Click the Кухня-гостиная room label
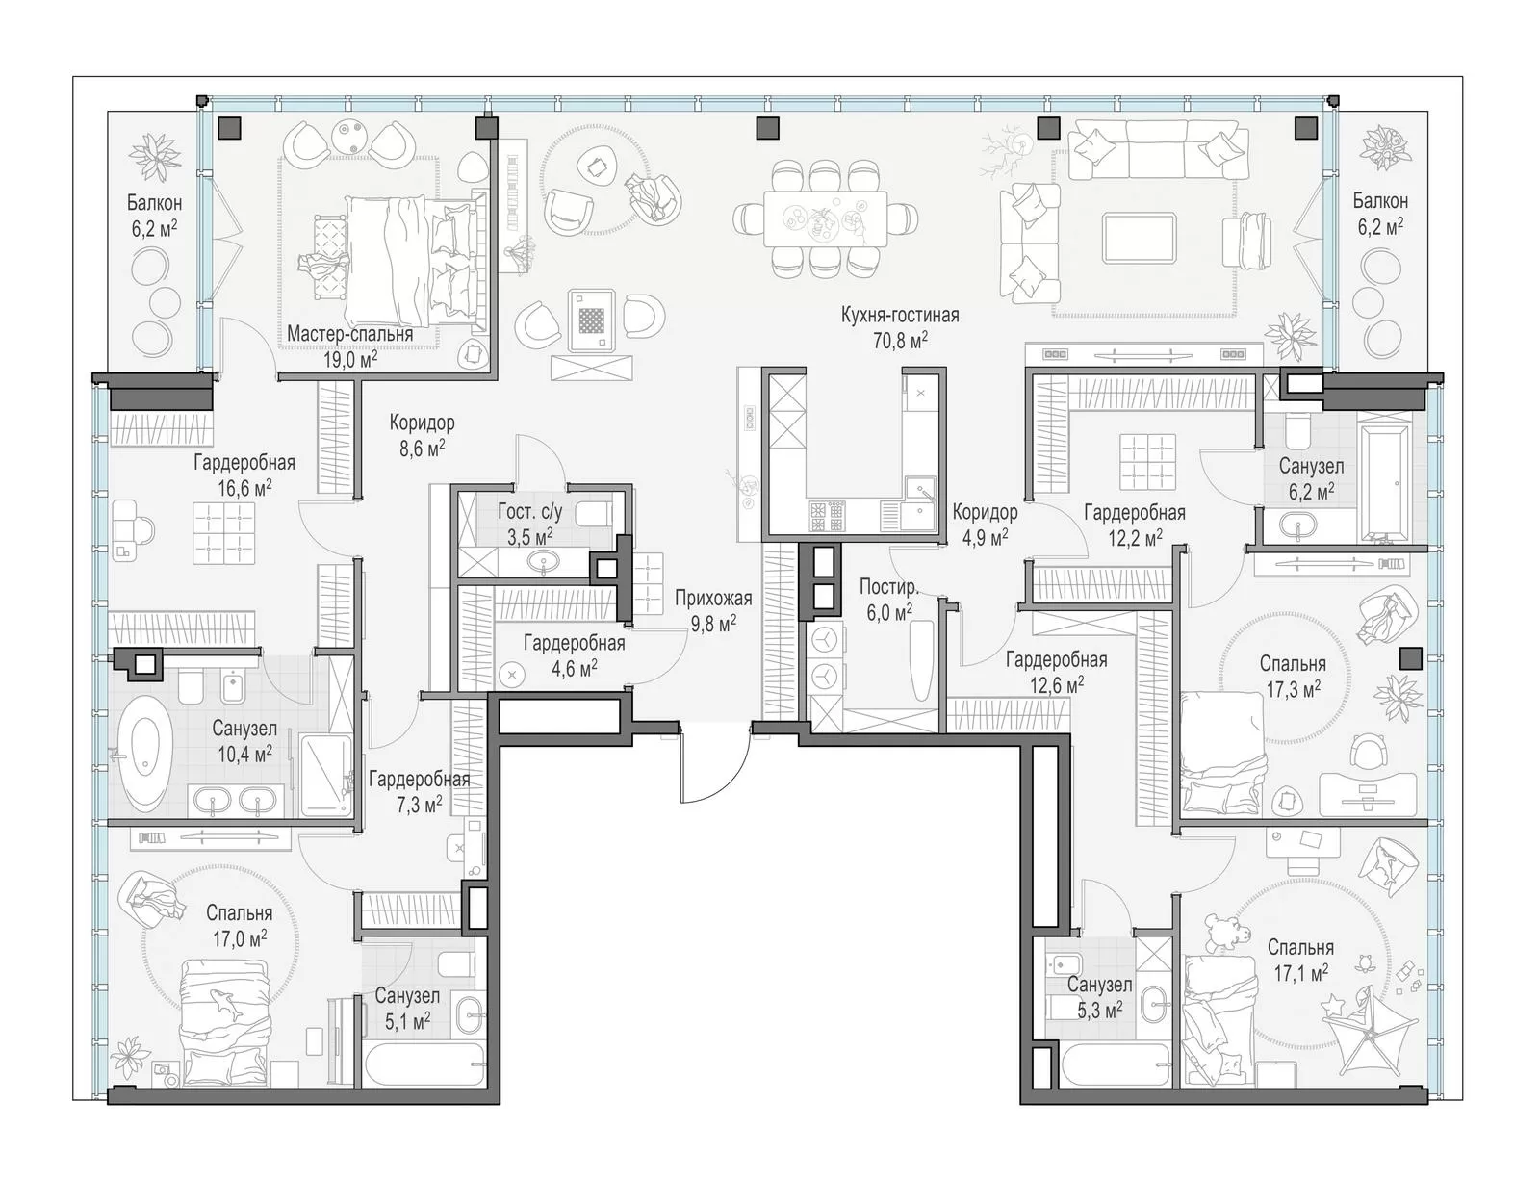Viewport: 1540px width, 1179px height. [x=900, y=316]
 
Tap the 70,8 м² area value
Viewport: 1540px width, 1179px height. [x=900, y=341]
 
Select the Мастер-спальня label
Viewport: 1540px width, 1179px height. [x=349, y=334]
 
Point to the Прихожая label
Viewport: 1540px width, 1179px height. [x=713, y=598]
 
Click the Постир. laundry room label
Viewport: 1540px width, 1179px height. [x=888, y=587]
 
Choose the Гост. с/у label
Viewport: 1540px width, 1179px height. [x=530, y=511]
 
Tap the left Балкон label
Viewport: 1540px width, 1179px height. [x=155, y=203]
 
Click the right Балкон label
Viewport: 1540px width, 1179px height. [x=1380, y=200]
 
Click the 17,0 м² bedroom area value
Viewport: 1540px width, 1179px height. [x=240, y=939]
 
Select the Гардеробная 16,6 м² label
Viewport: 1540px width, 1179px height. [x=244, y=475]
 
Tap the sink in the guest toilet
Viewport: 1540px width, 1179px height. [x=544, y=563]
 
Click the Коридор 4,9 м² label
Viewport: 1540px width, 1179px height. [x=985, y=525]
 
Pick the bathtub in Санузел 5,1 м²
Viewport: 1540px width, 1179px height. [x=423, y=1065]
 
